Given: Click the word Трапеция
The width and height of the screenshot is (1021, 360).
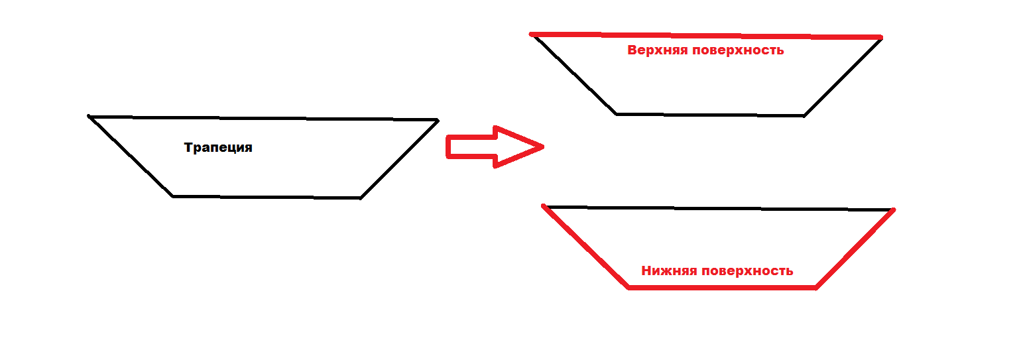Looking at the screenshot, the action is point(218,148).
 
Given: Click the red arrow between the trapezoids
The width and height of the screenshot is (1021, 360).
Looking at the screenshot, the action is point(491,147).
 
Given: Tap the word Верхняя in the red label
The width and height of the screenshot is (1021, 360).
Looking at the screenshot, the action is point(657,50).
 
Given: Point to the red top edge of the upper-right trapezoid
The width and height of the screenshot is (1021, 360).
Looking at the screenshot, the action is point(706,35).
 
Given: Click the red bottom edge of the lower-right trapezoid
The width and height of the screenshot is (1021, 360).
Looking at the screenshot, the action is point(721,287).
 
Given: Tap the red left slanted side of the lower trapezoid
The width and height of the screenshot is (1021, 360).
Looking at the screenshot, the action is point(585,247).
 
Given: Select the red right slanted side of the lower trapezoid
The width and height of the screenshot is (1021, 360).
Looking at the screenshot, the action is point(855,248).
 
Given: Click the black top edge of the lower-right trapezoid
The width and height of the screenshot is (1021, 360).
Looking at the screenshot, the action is point(719,208).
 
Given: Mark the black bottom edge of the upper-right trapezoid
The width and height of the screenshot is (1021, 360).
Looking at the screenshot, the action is point(710,115).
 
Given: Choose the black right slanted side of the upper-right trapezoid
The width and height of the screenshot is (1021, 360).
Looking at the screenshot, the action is point(843,77).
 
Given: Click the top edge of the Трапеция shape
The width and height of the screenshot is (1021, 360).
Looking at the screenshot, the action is point(263,118).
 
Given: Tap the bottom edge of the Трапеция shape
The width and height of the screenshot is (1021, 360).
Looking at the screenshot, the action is point(267,197).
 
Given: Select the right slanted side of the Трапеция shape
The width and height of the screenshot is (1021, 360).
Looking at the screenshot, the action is point(399,158).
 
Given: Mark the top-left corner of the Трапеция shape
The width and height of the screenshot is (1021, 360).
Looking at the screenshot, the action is point(90,117).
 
